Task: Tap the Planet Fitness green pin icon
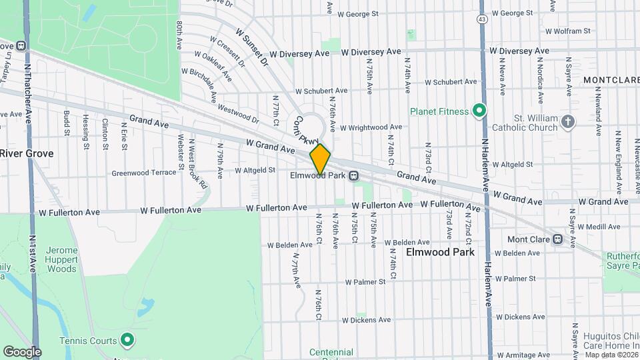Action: pyautogui.click(x=478, y=111)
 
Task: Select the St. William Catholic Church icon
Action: pyautogui.click(x=567, y=121)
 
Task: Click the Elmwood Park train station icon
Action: pyautogui.click(x=354, y=176)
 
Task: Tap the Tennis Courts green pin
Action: pyautogui.click(x=128, y=341)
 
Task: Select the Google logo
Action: pyautogui.click(x=22, y=351)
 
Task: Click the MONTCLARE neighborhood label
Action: pyautogui.click(x=611, y=80)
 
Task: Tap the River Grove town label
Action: pyautogui.click(x=27, y=153)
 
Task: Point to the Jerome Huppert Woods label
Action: pyautogui.click(x=61, y=259)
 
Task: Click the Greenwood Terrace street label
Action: pyautogui.click(x=144, y=172)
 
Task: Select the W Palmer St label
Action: pyautogui.click(x=365, y=282)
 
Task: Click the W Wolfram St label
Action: pyautogui.click(x=567, y=31)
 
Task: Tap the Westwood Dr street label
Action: pyautogui.click(x=238, y=115)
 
